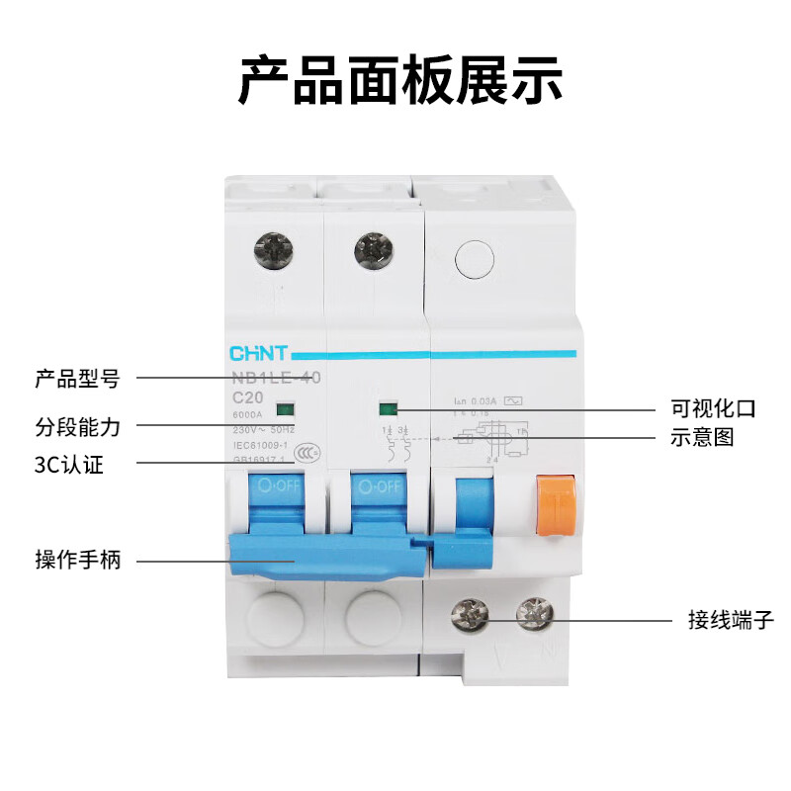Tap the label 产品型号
(x=77, y=379)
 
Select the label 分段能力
(x=77, y=427)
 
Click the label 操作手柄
(x=77, y=561)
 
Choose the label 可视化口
(x=713, y=407)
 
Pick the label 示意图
(x=702, y=437)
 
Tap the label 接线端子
(x=731, y=620)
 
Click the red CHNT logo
(x=258, y=352)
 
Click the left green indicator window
(x=284, y=407)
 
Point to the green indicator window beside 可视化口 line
(x=387, y=407)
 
